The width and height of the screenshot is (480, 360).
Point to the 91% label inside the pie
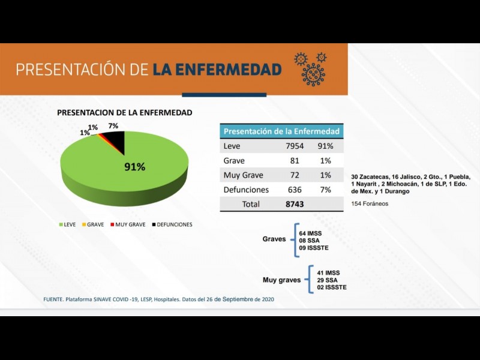(x=134, y=167)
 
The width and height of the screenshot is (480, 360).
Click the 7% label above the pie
(x=113, y=126)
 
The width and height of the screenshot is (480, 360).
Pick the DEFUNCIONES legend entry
(x=172, y=224)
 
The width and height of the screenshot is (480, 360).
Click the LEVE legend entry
(x=67, y=224)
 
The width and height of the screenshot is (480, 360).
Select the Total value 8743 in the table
(x=295, y=204)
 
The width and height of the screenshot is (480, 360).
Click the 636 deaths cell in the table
(x=295, y=190)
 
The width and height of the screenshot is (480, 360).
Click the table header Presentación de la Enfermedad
(x=281, y=131)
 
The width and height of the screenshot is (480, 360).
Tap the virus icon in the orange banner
(x=312, y=68)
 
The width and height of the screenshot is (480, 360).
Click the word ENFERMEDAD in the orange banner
(x=217, y=70)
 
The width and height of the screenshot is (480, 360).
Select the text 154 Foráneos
(x=370, y=204)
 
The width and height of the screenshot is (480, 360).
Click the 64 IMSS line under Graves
(x=311, y=232)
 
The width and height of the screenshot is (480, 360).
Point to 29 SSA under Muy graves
(x=327, y=280)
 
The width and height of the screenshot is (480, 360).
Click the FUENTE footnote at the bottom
(x=158, y=299)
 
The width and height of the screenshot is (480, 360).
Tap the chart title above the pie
(x=124, y=112)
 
